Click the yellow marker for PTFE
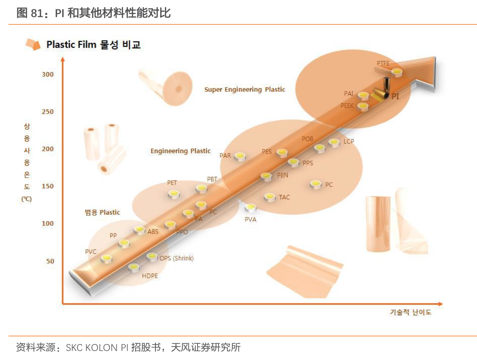pyautogui.click(x=397, y=72)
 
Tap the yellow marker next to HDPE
pyautogui.click(x=134, y=268)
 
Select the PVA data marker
pyautogui.click(x=250, y=208)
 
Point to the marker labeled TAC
pyautogui.click(x=270, y=197)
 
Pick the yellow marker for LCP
pyautogui.click(x=334, y=142)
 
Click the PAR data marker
pyautogui.click(x=240, y=156)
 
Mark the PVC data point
pyautogui.click(x=106, y=258)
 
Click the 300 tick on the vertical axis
pyautogui.click(x=48, y=74)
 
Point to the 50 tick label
pyautogui.click(x=50, y=261)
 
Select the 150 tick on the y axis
pyautogui.click(x=48, y=186)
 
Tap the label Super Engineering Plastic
pyautogui.click(x=245, y=89)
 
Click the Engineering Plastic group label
pyautogui.click(x=181, y=151)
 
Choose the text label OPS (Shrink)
pyautogui.click(x=177, y=258)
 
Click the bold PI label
pyautogui.click(x=395, y=96)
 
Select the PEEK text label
pyautogui.click(x=347, y=106)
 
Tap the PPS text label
pyautogui.click(x=308, y=163)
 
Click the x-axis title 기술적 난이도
pyautogui.click(x=411, y=312)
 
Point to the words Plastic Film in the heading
pyautogui.click(x=71, y=45)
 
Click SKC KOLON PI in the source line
pyautogui.click(x=97, y=348)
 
